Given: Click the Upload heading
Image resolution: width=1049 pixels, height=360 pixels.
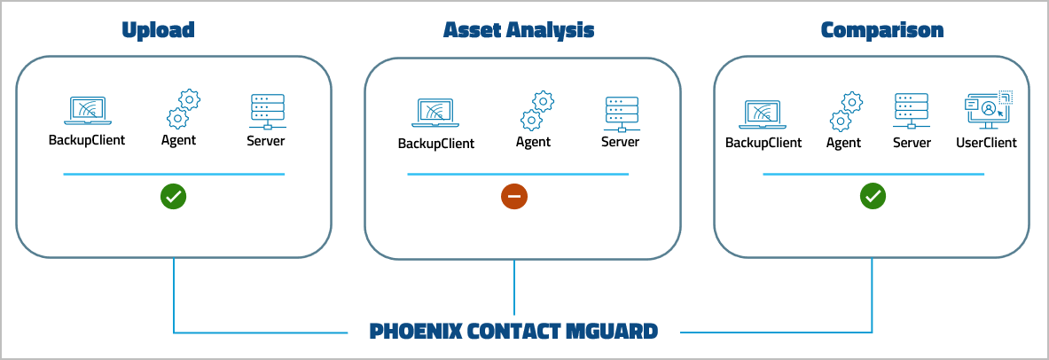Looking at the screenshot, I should tap(158, 30).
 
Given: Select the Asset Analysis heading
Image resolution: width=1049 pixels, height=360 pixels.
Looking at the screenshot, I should tap(519, 30).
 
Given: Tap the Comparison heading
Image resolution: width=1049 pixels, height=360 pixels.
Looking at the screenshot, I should tap(881, 30).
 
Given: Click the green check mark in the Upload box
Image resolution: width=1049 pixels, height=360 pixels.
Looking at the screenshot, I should tap(173, 197).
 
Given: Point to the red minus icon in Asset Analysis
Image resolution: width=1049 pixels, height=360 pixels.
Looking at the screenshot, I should tap(514, 197).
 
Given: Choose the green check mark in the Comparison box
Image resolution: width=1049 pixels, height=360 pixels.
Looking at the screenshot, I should tap(873, 197).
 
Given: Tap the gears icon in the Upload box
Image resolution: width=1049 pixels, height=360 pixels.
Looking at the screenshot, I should tap(183, 109).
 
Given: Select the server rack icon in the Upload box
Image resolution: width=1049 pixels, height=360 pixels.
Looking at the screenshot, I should tap(266, 111).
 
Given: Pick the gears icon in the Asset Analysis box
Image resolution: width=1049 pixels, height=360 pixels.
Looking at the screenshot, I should tap(536, 112).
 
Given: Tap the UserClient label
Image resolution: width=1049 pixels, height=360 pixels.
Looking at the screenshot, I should tap(986, 143).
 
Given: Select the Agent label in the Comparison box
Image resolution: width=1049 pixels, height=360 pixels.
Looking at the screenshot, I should tap(843, 143).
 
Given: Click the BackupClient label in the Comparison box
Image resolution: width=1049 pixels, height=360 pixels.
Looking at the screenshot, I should tap(763, 143).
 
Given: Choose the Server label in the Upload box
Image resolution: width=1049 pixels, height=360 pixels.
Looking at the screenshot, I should tap(266, 140).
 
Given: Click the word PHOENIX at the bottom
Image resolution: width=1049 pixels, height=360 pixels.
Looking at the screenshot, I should tap(414, 333).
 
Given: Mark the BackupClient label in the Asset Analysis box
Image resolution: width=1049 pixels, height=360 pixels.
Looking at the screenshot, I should tap(435, 144).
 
